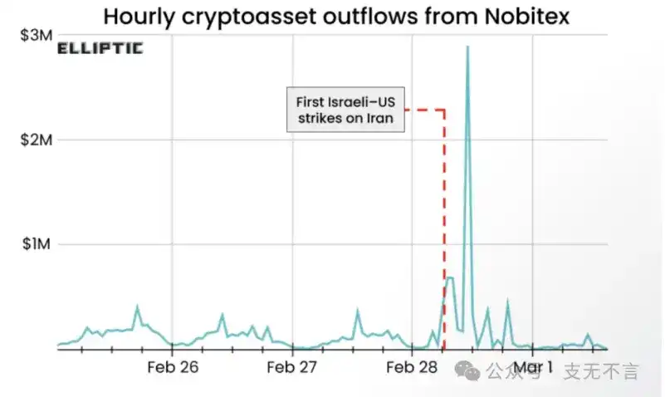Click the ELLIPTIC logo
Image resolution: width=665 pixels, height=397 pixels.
pos(100,48)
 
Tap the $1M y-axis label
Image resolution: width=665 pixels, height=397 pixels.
pos(37,244)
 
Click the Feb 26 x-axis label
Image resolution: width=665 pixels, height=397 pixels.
pos(172,366)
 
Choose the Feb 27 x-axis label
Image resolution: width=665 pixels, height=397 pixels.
pos(292,366)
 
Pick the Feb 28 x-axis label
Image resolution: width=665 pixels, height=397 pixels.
pos(413,366)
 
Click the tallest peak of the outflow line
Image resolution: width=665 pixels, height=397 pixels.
pos(467,47)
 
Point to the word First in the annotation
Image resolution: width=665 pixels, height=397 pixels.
pos(312,101)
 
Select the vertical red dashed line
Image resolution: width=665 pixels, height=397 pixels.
pos(445,208)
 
